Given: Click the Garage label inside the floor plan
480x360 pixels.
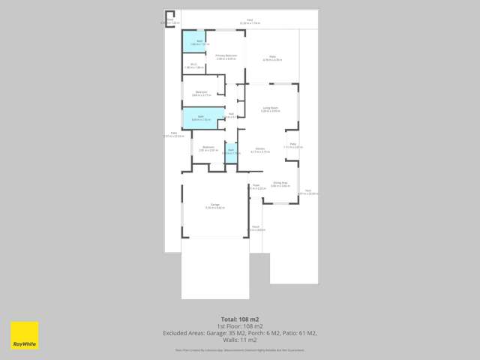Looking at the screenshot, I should pyautogui.click(x=214, y=205).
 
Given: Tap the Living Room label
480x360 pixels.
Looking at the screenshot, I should pyautogui.click(x=271, y=109).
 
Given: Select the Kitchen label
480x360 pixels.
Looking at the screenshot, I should pyautogui.click(x=259, y=149).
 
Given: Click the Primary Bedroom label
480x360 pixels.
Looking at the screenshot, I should pyautogui.click(x=226, y=56).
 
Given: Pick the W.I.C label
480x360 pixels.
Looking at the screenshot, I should pyautogui.click(x=193, y=65).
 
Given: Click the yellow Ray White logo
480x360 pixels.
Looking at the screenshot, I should pyautogui.click(x=24, y=335).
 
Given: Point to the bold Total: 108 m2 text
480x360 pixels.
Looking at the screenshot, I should pyautogui.click(x=239, y=319).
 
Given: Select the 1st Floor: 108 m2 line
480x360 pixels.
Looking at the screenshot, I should pyautogui.click(x=239, y=325).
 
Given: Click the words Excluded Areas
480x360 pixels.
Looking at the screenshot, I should pyautogui.click(x=183, y=332).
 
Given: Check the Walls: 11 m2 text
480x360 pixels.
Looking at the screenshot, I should pyautogui.click(x=239, y=339).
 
